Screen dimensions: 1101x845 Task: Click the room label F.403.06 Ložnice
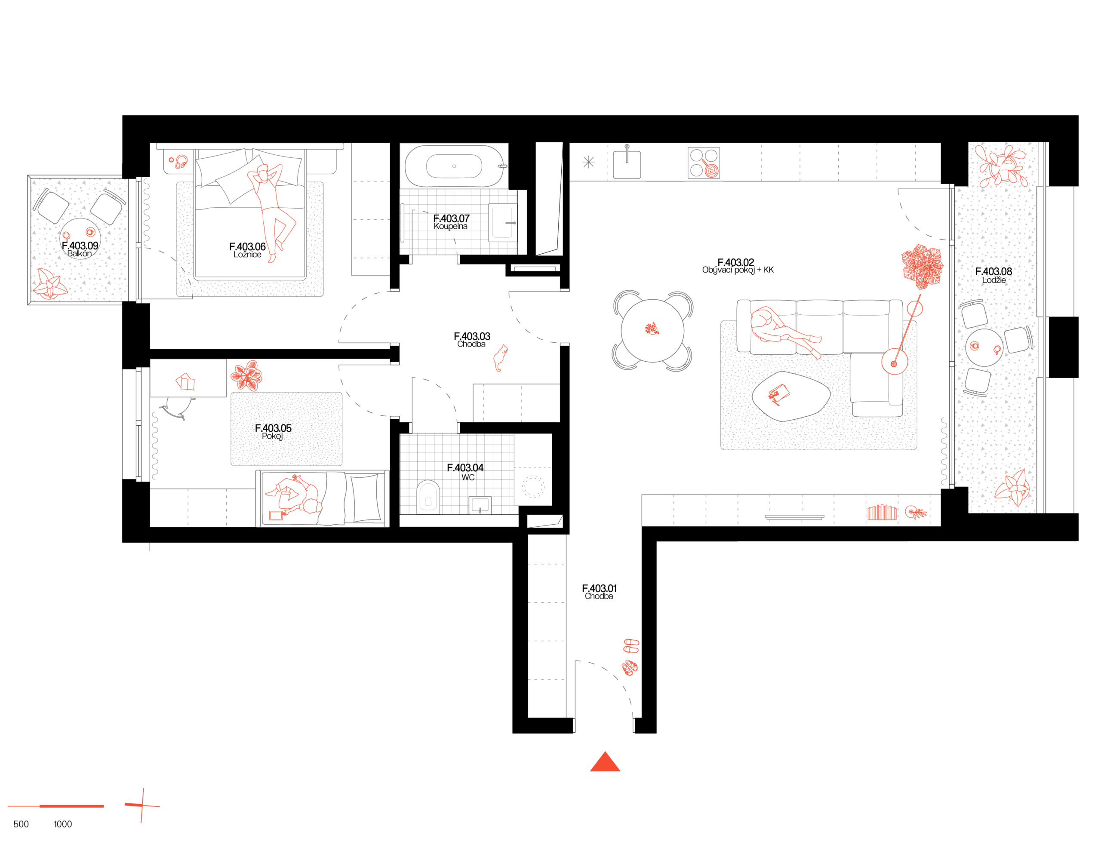(247, 250)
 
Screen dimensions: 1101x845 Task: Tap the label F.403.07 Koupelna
(451, 222)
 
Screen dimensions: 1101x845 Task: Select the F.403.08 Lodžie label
(993, 275)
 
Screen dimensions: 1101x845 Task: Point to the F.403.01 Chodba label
(599, 592)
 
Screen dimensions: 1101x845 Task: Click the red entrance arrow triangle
(605, 762)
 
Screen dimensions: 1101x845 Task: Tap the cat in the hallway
(500, 358)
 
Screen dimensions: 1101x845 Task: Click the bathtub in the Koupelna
(454, 166)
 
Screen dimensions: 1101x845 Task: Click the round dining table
(652, 330)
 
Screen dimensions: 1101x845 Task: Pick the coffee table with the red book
(790, 395)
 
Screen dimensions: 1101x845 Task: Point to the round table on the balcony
(80, 238)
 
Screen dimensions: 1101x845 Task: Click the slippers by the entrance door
(630, 656)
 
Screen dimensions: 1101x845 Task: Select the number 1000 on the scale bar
(63, 824)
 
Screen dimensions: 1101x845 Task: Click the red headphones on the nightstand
(181, 161)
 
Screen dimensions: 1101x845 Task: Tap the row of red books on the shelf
(882, 513)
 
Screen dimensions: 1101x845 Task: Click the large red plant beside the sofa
(922, 266)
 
